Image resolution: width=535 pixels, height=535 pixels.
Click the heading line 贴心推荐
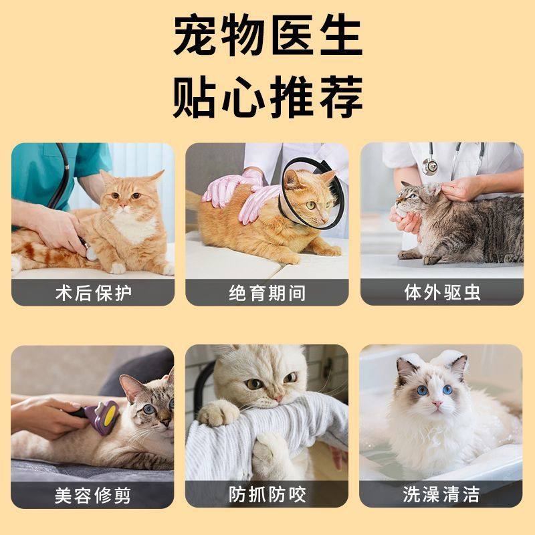pos(267,96)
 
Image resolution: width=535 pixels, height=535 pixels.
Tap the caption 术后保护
pos(92,293)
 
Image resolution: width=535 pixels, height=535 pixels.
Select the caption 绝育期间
pos(267,293)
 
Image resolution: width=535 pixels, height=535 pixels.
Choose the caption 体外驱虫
pos(442,293)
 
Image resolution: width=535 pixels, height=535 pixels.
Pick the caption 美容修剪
pos(92,495)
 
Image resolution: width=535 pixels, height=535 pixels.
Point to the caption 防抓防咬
pos(267,495)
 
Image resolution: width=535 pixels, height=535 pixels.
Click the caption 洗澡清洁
pos(442,495)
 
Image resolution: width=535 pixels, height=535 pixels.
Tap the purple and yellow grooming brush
pos(104,416)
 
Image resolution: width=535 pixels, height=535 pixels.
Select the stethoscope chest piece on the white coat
pos(429,167)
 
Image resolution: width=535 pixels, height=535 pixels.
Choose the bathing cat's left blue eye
pos(422,389)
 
